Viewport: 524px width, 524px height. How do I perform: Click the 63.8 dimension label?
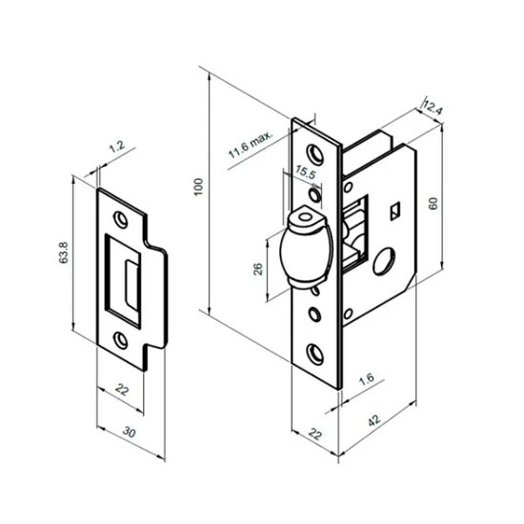click(64, 252)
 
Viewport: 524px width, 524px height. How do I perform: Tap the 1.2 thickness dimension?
click(117, 147)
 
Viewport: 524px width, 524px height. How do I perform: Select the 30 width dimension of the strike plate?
click(130, 433)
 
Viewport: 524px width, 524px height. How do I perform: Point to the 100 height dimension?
click(199, 187)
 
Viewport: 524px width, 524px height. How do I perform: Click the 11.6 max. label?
click(251, 145)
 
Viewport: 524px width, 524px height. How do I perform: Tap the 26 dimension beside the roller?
click(258, 269)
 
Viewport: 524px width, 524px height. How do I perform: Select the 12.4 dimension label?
click(433, 108)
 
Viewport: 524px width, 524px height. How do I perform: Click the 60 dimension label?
click(433, 204)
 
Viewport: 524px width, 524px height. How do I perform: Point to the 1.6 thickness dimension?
click(367, 380)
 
